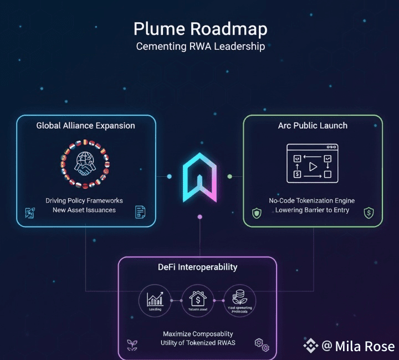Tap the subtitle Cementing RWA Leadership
point(200,46)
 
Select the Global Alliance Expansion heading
point(85,126)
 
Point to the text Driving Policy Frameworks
point(84,200)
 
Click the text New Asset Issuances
point(84,210)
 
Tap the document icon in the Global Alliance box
point(140,212)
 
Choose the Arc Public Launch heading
point(313,126)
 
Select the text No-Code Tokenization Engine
point(313,200)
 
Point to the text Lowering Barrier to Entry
point(313,210)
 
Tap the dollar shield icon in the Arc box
point(368,212)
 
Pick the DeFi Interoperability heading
point(198,267)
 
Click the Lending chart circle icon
point(155,300)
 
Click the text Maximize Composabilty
point(198,334)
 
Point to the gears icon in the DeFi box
point(262,344)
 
